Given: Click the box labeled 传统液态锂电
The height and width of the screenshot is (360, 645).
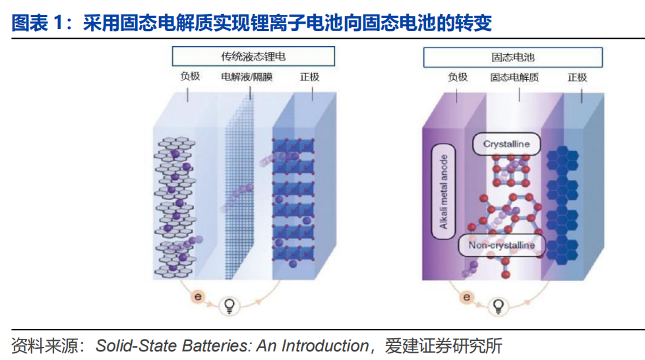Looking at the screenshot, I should tap(253, 56).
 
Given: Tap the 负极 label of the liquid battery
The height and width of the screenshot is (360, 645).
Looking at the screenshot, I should tap(190, 76).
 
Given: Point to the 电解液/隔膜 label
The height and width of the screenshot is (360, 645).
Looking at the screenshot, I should tap(247, 77).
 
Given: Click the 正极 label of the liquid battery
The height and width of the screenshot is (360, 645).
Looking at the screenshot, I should tap(309, 76).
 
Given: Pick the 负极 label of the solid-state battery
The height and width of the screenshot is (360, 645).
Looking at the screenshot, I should tap(457, 76).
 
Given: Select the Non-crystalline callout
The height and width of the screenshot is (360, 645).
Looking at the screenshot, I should tap(501, 246).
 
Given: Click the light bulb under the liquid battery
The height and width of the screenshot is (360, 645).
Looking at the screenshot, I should tap(232, 305).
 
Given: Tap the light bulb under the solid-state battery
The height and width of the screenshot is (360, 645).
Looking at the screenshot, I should tap(499, 305).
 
